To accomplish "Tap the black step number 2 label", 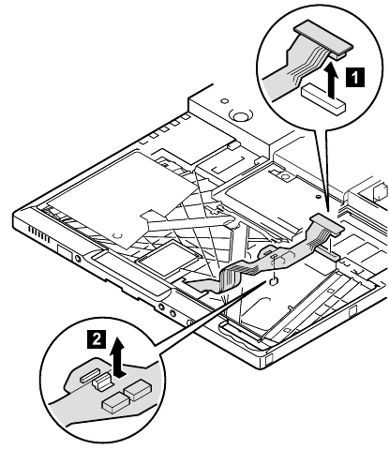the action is point(97,339).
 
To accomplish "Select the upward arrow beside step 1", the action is point(334,80).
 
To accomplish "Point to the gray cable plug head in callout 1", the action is point(323,37).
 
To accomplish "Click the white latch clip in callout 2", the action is point(102,381).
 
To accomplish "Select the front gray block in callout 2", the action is point(115,401).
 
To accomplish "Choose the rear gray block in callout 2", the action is point(138,390).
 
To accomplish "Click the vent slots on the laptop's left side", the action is point(38,234).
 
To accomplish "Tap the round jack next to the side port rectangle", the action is point(78,259).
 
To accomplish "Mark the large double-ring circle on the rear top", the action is point(240,117).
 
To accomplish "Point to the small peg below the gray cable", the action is point(274,281).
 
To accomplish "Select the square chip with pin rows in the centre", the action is point(168,256).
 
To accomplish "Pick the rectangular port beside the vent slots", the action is point(65,252).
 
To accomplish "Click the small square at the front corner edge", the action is point(270,360).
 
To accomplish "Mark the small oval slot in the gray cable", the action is point(273,256).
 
